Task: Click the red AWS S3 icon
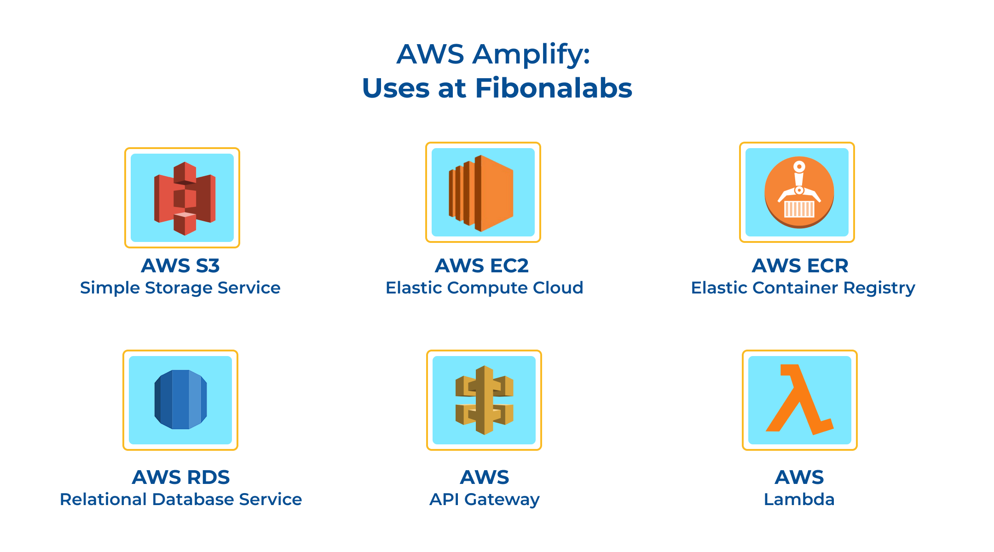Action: tap(185, 198)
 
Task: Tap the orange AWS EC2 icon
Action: tap(481, 193)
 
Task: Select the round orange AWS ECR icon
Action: tap(799, 192)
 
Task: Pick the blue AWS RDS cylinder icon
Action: tap(180, 399)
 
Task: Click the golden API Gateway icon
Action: tap(485, 400)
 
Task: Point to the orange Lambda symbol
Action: tap(799, 399)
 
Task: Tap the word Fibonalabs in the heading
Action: tap(554, 88)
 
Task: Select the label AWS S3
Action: tap(180, 265)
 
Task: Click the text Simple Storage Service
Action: tap(180, 288)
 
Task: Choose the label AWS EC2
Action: tap(482, 265)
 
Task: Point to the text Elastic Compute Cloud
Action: tap(485, 288)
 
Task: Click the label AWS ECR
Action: tap(800, 265)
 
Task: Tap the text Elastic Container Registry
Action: tap(803, 288)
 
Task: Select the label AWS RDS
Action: tap(181, 477)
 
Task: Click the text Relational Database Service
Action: tap(181, 500)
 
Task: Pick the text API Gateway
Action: tap(485, 500)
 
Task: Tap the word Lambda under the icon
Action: tap(799, 500)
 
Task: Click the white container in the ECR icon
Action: tap(799, 209)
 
